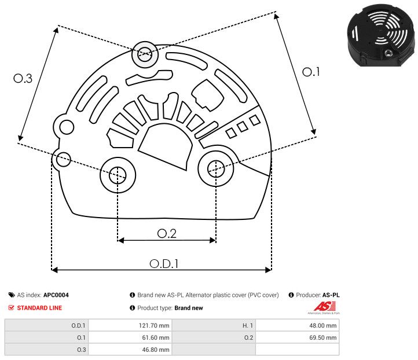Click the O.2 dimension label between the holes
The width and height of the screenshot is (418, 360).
coord(167,233)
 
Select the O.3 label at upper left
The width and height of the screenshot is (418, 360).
coord(23,79)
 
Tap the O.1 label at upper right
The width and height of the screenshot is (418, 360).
coord(311,72)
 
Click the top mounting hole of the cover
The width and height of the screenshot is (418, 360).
coord(144,56)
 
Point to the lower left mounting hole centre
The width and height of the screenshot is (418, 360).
coord(118,173)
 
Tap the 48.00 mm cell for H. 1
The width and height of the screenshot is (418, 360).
coord(323,325)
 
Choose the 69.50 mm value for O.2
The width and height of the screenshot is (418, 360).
coord(323,337)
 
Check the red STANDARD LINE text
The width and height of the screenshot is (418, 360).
coord(39,308)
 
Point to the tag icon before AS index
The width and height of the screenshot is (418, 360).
coord(12,295)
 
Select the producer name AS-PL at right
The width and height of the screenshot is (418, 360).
coord(331,295)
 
